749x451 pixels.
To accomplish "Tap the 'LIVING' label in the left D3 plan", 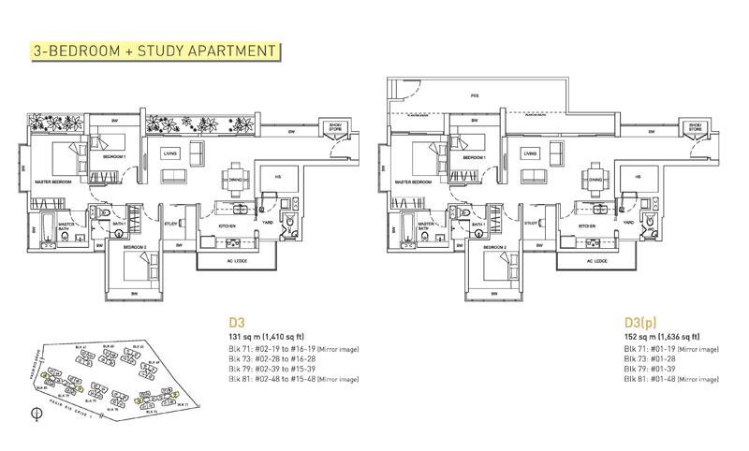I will click(x=170, y=153).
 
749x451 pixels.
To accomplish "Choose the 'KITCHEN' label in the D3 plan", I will click(x=227, y=226).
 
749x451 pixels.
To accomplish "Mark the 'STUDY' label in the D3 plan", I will click(x=170, y=223).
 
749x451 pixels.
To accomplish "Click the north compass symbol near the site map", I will click(x=37, y=412).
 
